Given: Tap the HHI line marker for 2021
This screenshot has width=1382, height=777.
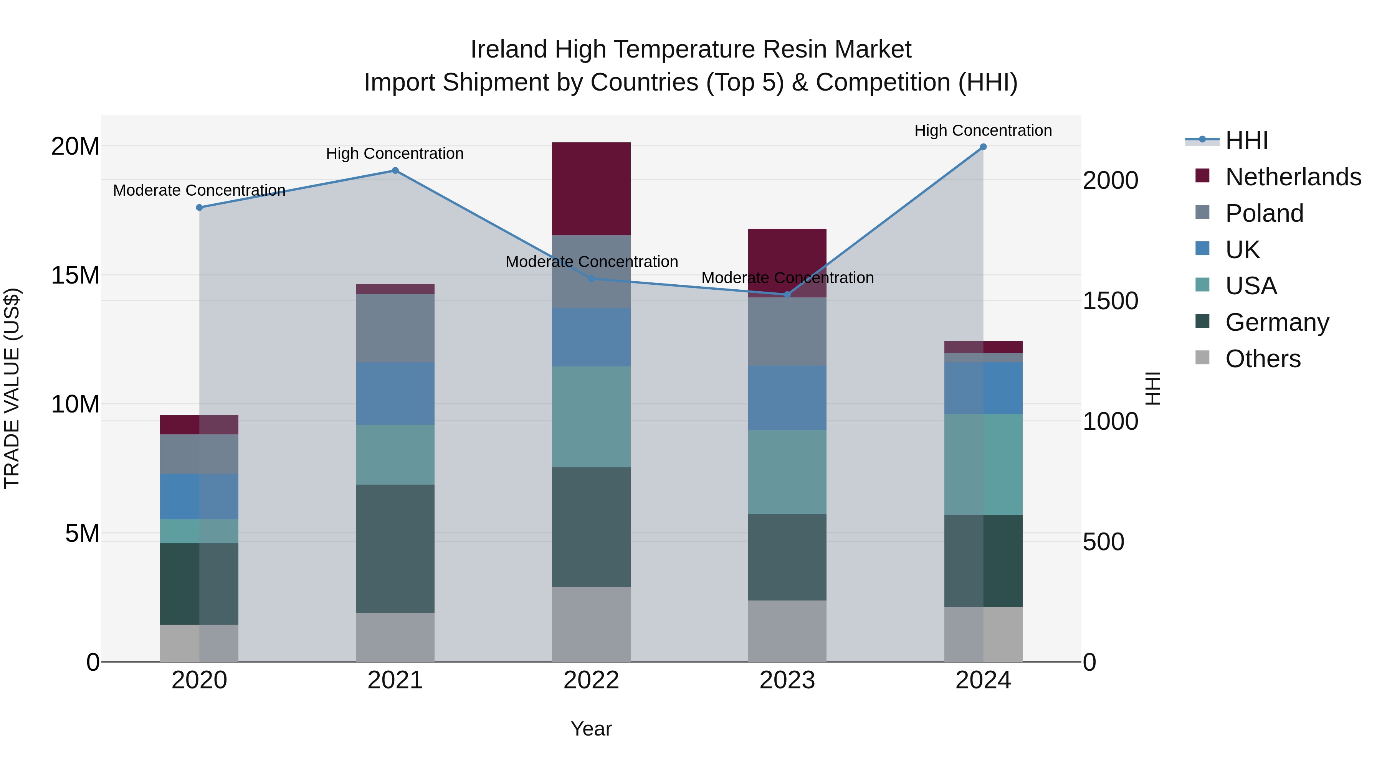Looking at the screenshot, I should (395, 170).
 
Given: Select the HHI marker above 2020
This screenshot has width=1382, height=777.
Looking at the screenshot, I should (199, 208).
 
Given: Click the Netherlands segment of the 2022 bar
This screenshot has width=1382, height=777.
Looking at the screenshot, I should (591, 189).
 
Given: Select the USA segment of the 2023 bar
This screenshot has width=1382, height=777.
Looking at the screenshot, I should (787, 472).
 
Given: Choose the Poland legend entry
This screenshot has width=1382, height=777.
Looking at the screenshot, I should (1264, 213).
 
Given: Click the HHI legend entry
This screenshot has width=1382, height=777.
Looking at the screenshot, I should (1246, 140).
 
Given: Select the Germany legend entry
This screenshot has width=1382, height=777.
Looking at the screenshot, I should (1277, 322).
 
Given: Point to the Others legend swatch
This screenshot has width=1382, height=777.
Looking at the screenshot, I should (1202, 358).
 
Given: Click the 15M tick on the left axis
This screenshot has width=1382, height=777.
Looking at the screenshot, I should (75, 275).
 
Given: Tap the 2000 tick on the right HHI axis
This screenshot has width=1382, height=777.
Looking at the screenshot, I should (1110, 180).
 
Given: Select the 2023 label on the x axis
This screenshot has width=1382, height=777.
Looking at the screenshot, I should (787, 680).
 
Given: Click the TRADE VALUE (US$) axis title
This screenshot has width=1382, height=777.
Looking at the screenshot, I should (12, 388).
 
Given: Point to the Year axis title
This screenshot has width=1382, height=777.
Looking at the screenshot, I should (591, 729).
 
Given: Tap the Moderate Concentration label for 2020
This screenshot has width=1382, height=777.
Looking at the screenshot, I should (199, 190).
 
